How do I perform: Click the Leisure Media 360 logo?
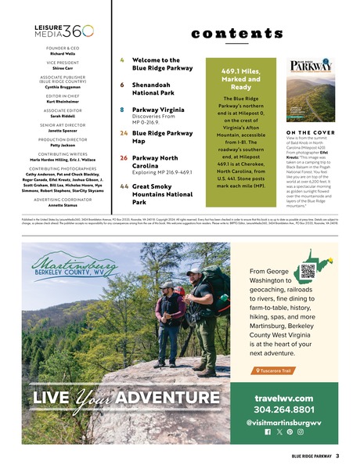click(63, 31)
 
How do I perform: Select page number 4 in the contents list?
click(121, 60)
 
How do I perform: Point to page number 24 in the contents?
click(123, 134)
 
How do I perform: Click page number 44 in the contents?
click(124, 187)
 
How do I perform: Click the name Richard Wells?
click(63, 53)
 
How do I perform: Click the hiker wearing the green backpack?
click(202, 313)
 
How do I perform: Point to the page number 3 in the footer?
click(337, 455)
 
